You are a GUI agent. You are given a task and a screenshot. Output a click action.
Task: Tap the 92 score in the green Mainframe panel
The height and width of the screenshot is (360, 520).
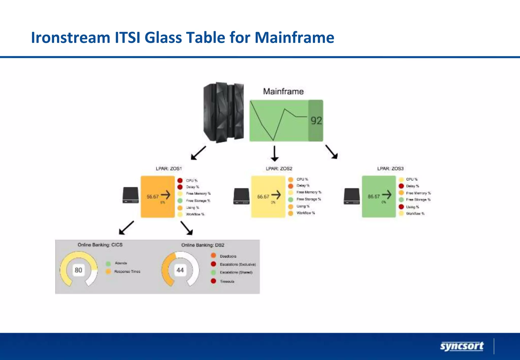316,121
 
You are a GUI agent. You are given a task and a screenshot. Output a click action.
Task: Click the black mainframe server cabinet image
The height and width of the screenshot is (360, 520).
224,112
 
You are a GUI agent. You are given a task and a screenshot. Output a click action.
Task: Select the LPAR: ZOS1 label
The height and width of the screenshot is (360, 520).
169,169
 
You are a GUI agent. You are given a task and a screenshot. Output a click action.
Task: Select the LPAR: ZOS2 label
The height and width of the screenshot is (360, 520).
279,169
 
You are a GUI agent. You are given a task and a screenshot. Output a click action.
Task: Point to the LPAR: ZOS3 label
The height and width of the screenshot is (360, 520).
390,169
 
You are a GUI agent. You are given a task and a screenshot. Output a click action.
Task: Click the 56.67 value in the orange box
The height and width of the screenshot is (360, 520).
152,197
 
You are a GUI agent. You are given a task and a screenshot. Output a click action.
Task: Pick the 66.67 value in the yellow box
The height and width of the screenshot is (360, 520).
263,197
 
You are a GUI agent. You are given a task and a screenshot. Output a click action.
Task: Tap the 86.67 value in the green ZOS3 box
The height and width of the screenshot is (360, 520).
374,197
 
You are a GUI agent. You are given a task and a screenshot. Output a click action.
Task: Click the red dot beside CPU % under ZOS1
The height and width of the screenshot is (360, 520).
180,181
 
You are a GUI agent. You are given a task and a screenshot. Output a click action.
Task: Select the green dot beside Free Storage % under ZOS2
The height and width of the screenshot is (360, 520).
291,200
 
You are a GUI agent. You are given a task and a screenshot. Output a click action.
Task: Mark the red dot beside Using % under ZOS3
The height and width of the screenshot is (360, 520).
401,207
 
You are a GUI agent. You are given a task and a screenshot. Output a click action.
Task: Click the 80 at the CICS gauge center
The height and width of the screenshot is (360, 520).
78,270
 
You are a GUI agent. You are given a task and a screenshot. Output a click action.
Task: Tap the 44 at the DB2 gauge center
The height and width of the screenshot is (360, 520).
180,270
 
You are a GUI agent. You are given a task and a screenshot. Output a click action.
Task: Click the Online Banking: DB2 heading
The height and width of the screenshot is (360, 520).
203,245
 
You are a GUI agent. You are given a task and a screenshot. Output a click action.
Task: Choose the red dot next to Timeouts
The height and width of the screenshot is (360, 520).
214,281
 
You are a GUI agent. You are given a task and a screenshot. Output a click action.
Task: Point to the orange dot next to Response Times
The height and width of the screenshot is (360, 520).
108,271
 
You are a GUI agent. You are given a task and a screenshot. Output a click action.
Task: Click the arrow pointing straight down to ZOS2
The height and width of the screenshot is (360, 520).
274,154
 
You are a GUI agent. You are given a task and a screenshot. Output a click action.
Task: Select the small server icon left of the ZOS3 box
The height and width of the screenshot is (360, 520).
352,196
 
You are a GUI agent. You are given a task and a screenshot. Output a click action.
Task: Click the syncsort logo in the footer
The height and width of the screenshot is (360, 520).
462,346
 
